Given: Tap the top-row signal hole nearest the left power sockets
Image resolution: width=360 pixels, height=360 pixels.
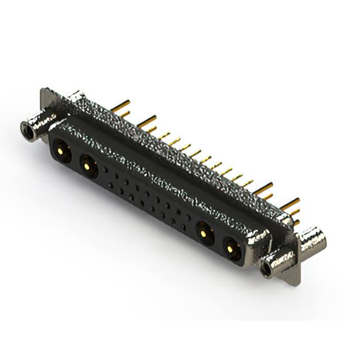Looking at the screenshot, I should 106,169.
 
